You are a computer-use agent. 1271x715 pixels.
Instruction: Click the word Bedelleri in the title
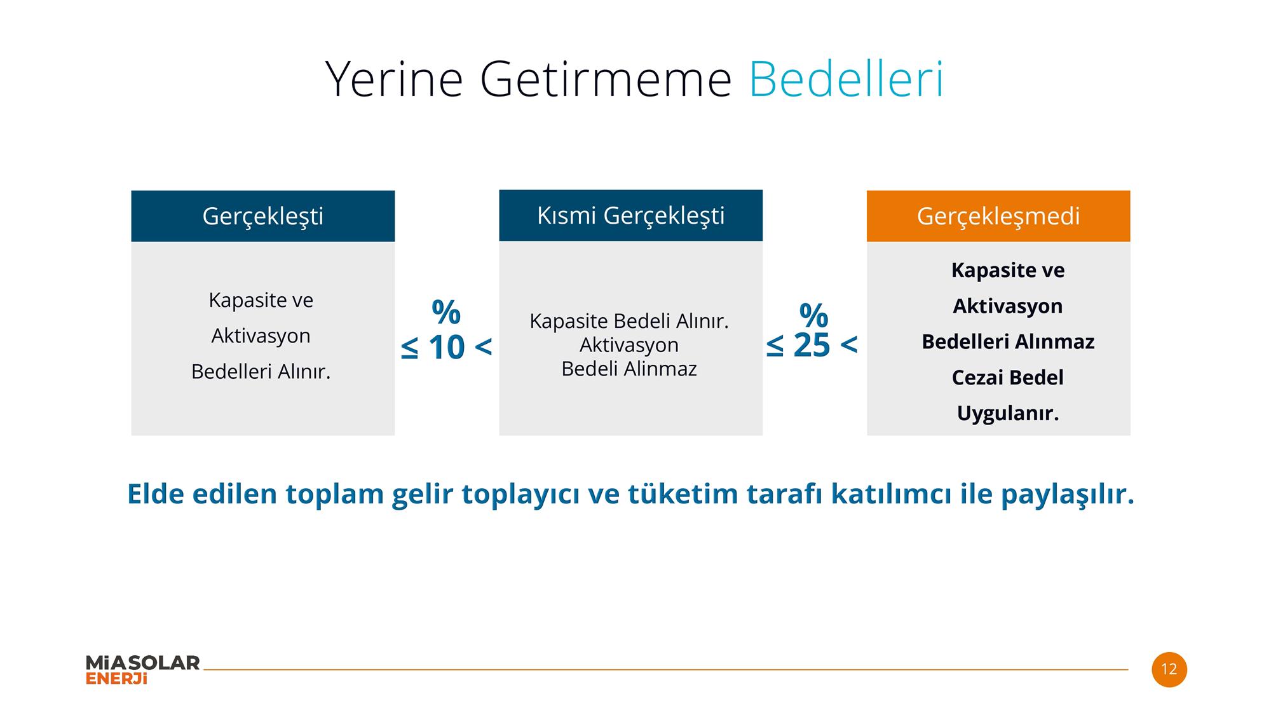[846, 79]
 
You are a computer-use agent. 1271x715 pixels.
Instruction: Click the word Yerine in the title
[394, 79]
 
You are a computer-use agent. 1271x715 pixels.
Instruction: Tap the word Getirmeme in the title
[606, 79]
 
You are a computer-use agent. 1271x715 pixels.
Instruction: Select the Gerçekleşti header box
[263, 216]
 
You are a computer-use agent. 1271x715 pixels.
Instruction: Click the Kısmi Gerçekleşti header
[630, 215]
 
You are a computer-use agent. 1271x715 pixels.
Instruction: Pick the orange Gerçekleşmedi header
[998, 216]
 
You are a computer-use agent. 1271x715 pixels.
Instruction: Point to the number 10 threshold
[446, 347]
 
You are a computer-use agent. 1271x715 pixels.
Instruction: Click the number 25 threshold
[812, 345]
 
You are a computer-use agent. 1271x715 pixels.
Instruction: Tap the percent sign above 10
[446, 311]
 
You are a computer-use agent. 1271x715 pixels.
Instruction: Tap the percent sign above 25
[813, 315]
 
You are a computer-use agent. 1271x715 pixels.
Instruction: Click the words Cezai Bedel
[1008, 378]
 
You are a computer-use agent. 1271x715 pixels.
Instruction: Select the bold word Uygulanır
[1008, 414]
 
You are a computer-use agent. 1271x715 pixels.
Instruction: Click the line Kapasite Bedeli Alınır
[629, 321]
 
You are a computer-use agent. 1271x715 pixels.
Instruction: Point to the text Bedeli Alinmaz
[629, 369]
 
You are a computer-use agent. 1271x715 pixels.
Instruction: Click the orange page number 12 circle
[1169, 669]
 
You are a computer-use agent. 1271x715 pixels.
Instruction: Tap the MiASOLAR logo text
[142, 663]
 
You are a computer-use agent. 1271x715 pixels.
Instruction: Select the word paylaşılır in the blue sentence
[1068, 494]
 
